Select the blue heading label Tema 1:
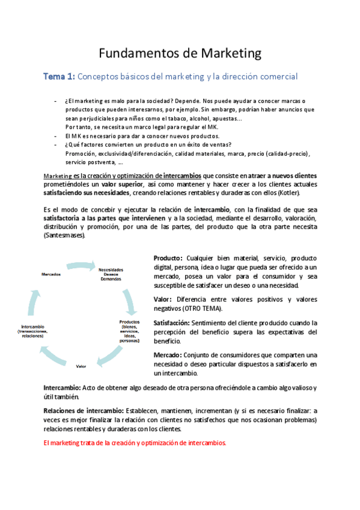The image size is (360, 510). coord(58,76)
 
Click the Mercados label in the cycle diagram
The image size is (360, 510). coord(50,274)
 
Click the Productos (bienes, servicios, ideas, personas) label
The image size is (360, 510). coord(129,331)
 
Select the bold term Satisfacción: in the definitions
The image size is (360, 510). coord(172,323)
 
